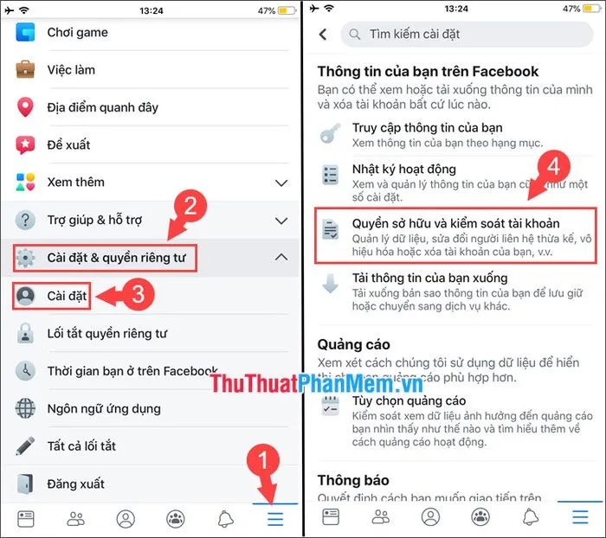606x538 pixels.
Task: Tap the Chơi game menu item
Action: click(x=77, y=33)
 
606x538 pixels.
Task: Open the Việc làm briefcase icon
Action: click(x=26, y=70)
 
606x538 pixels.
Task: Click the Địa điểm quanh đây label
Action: click(x=103, y=107)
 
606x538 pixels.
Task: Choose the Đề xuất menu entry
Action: click(x=68, y=144)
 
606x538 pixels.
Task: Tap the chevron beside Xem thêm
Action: click(x=280, y=183)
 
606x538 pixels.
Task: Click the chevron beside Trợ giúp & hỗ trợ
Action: click(x=280, y=220)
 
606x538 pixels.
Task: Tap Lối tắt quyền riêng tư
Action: click(x=106, y=333)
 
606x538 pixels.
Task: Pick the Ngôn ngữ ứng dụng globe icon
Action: click(x=26, y=408)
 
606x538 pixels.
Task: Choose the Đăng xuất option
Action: click(x=75, y=484)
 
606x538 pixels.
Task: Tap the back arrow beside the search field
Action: click(x=323, y=35)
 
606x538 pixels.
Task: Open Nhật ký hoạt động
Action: click(x=403, y=170)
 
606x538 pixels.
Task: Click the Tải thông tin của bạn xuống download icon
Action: click(x=330, y=284)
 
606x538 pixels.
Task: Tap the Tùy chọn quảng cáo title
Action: click(x=409, y=401)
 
